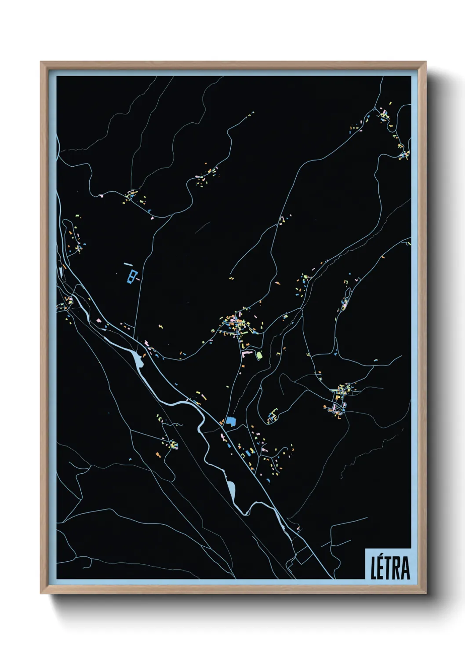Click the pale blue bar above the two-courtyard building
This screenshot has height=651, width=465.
[128, 264]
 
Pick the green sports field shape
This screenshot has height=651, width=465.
[259, 355]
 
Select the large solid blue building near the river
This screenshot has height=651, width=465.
[231, 421]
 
